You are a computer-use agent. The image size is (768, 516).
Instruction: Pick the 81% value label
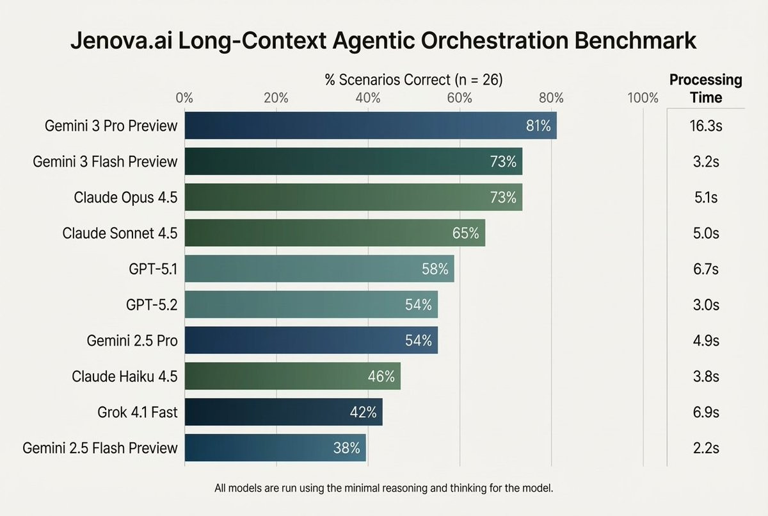(x=538, y=126)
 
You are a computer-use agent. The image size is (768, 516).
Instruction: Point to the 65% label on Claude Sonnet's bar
(x=465, y=233)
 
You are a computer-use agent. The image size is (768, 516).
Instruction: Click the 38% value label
(x=347, y=447)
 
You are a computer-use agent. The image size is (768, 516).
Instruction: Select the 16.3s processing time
(x=706, y=126)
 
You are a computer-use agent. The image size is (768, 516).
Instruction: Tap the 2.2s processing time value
(x=706, y=447)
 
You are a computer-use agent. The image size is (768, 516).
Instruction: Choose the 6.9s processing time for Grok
(x=706, y=412)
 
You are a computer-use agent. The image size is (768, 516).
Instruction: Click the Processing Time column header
(x=706, y=88)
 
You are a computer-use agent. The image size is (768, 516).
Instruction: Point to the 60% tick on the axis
(x=460, y=98)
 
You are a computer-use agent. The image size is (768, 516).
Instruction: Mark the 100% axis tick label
(x=643, y=98)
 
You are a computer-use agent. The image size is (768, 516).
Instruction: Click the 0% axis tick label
(x=184, y=98)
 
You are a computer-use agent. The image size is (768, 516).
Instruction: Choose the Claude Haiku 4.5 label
(x=124, y=376)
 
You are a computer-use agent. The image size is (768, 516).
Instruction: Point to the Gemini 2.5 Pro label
(x=132, y=340)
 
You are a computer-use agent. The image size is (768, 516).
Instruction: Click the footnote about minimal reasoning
(x=383, y=488)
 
